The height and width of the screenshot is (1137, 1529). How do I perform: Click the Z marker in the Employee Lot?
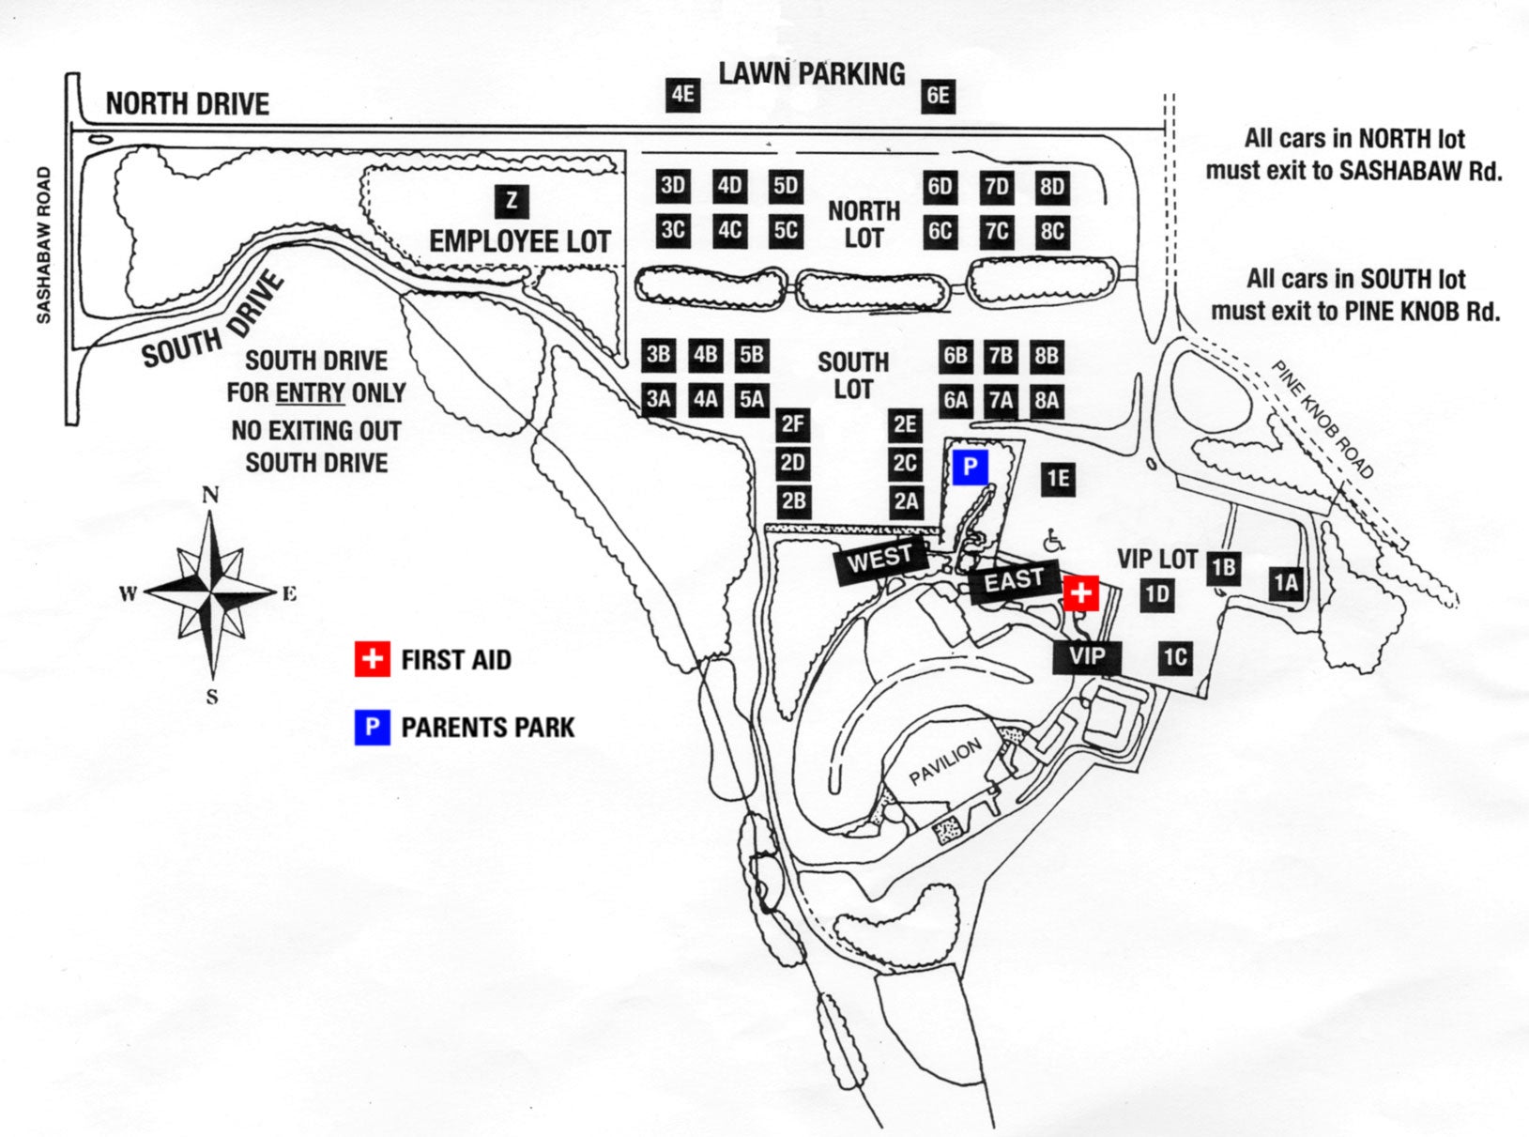(512, 201)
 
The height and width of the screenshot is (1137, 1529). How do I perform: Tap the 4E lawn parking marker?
(682, 95)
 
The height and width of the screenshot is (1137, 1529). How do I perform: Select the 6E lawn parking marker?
(938, 96)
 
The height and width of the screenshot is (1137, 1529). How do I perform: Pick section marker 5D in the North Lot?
(786, 186)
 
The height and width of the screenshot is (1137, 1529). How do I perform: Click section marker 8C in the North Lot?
(1052, 231)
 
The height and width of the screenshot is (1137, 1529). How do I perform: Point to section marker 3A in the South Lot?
(658, 400)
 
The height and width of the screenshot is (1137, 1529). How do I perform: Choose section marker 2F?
(793, 424)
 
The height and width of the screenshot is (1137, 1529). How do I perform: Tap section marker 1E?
(1058, 479)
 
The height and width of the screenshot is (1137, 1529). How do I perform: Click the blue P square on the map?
(970, 468)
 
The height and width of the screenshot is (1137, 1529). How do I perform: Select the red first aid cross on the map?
(1081, 593)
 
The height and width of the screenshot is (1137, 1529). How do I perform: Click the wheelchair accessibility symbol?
(1054, 541)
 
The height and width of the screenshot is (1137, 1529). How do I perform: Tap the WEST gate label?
(880, 561)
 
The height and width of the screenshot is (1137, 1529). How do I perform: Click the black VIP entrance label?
(1086, 657)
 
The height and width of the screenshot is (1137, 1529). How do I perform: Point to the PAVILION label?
(945, 762)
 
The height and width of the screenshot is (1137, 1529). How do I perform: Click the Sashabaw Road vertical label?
(43, 245)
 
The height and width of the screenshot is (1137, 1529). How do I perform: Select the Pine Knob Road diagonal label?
(1323, 420)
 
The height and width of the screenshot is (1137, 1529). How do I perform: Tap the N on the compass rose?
(210, 495)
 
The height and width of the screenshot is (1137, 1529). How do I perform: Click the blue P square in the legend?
(373, 728)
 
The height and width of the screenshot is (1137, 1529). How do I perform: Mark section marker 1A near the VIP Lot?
(1286, 584)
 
